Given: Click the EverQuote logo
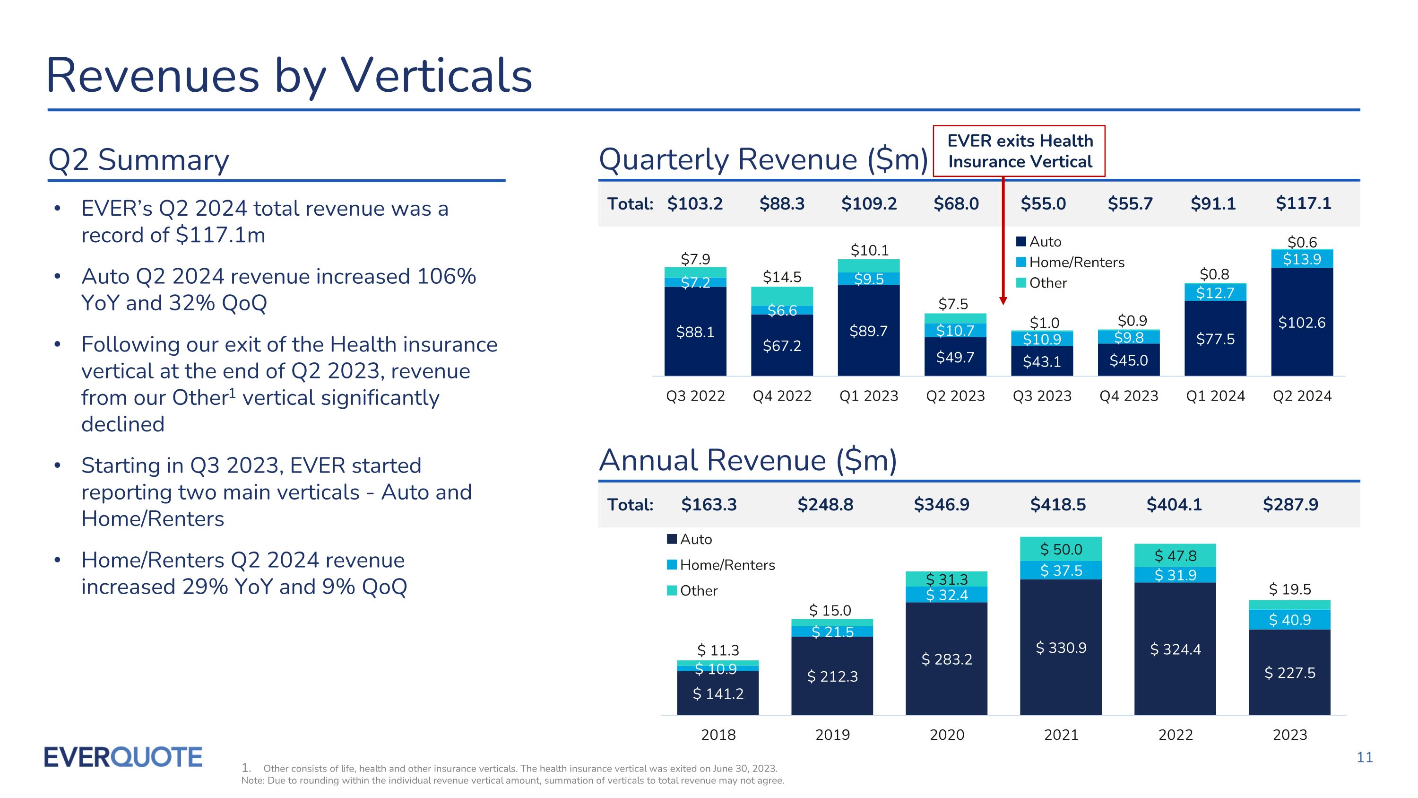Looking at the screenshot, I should point(123,757).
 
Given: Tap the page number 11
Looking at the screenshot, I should point(1365,757).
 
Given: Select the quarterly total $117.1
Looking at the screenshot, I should point(1303,203).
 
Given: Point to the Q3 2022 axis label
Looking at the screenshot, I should point(695,396).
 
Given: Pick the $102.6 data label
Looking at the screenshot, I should point(1302,323).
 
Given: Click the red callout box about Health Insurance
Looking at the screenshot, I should point(1019,151).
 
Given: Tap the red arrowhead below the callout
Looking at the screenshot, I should point(1003,301).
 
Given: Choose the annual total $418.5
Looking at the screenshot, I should point(1057,504).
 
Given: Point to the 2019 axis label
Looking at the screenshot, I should point(832,735).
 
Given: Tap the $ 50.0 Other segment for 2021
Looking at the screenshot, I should point(1061,549).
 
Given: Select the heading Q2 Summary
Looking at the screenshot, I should point(138,160).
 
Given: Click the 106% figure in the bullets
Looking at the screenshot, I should point(446,276).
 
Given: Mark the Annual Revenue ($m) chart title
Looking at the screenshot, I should point(748,460).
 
